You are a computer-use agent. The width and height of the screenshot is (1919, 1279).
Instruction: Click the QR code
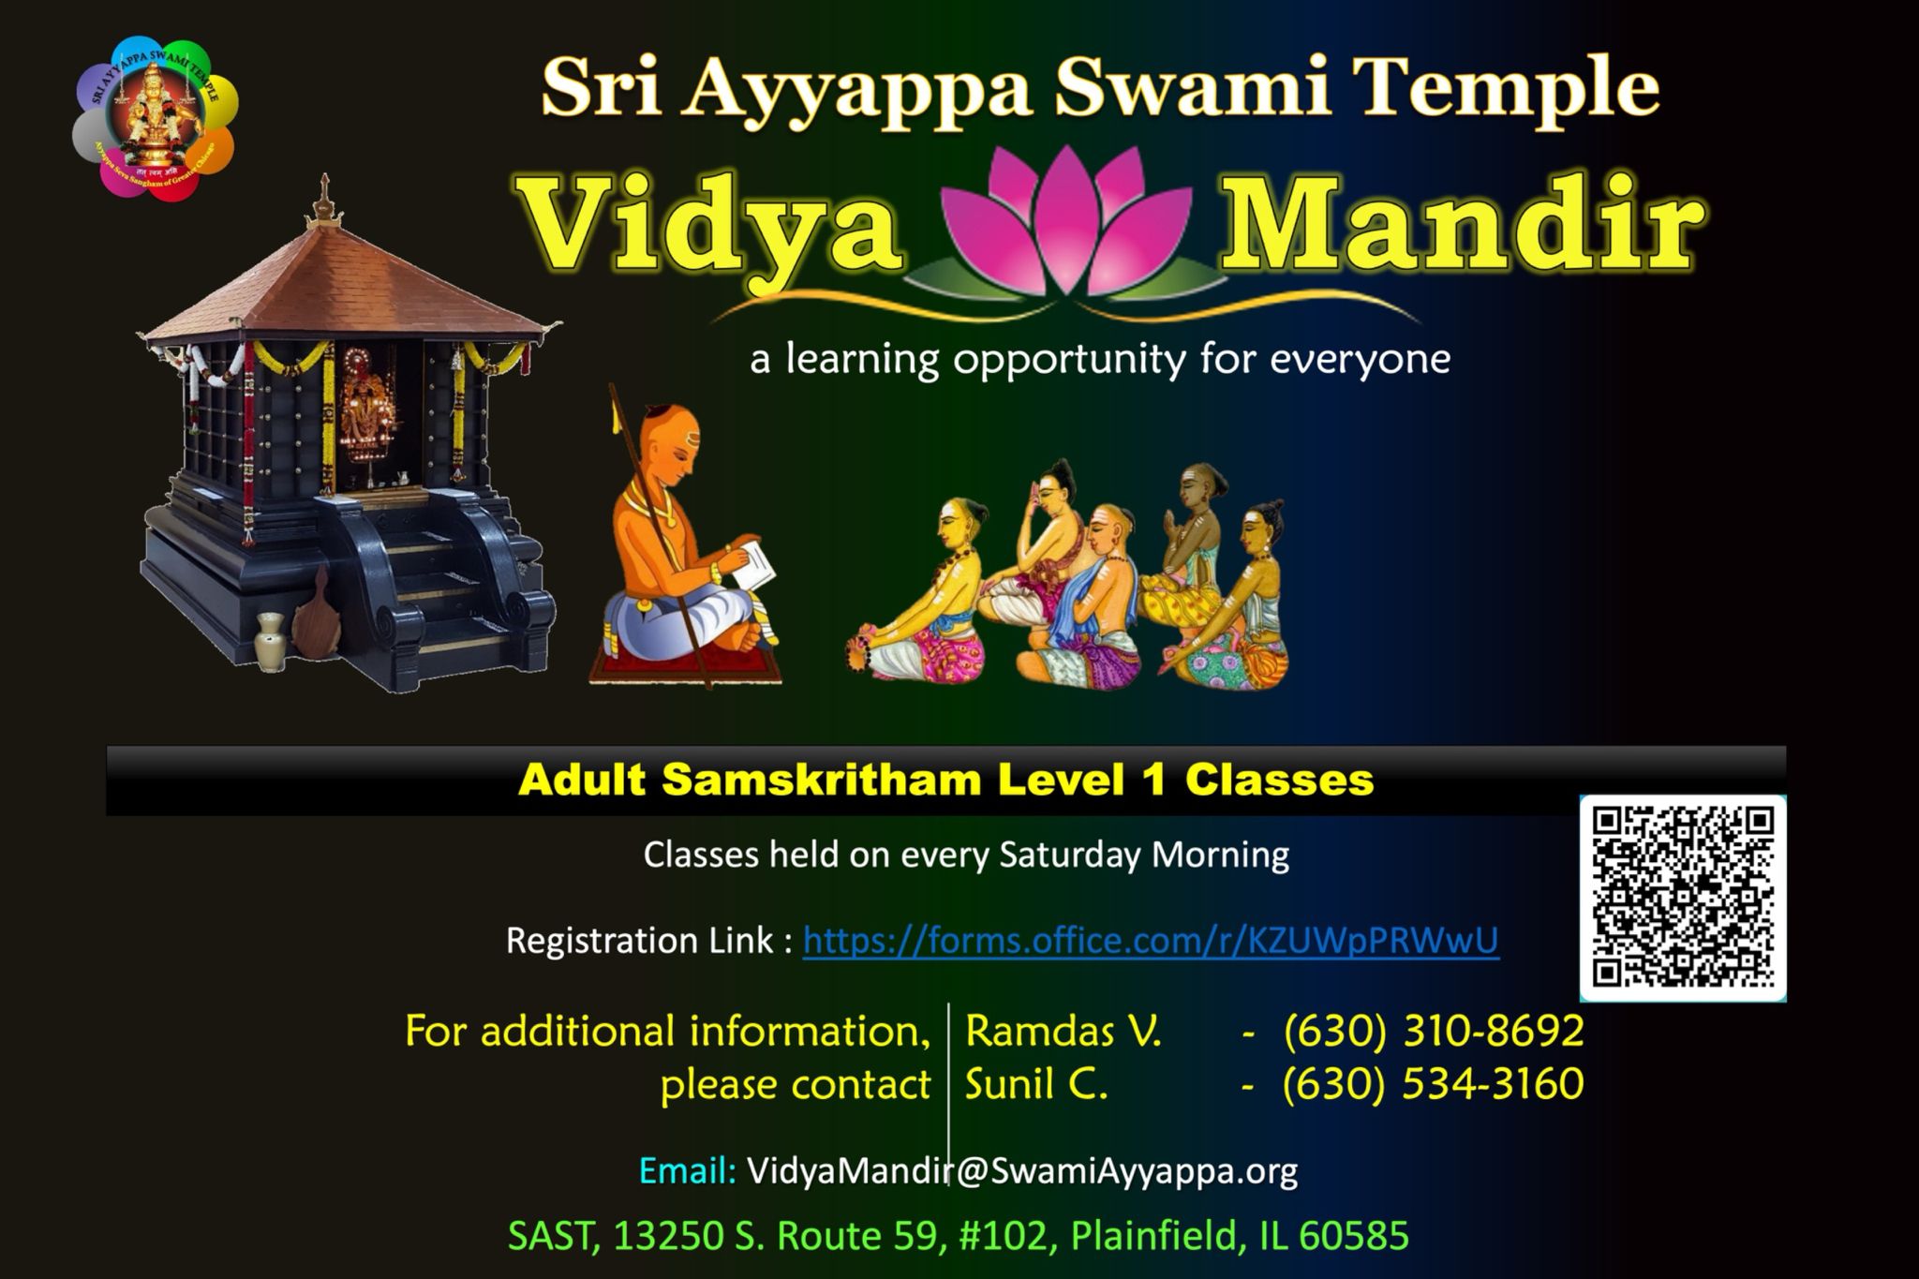coord(1683,898)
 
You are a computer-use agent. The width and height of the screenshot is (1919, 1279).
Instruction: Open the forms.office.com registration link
coord(1151,940)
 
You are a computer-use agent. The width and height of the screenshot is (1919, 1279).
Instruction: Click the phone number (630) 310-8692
coord(1434,1031)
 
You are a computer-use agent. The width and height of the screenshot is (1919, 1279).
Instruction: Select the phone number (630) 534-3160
coord(1434,1084)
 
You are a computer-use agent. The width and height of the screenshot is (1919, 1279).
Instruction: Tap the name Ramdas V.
coord(1064,1032)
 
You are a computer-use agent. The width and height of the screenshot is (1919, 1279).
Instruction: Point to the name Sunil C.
coord(1037,1085)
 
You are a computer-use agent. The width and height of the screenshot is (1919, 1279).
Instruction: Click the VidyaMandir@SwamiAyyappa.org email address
coord(1022,1170)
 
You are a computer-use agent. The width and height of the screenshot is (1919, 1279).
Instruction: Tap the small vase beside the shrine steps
coord(269,642)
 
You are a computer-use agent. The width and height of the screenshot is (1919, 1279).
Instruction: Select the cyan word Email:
coord(687,1170)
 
